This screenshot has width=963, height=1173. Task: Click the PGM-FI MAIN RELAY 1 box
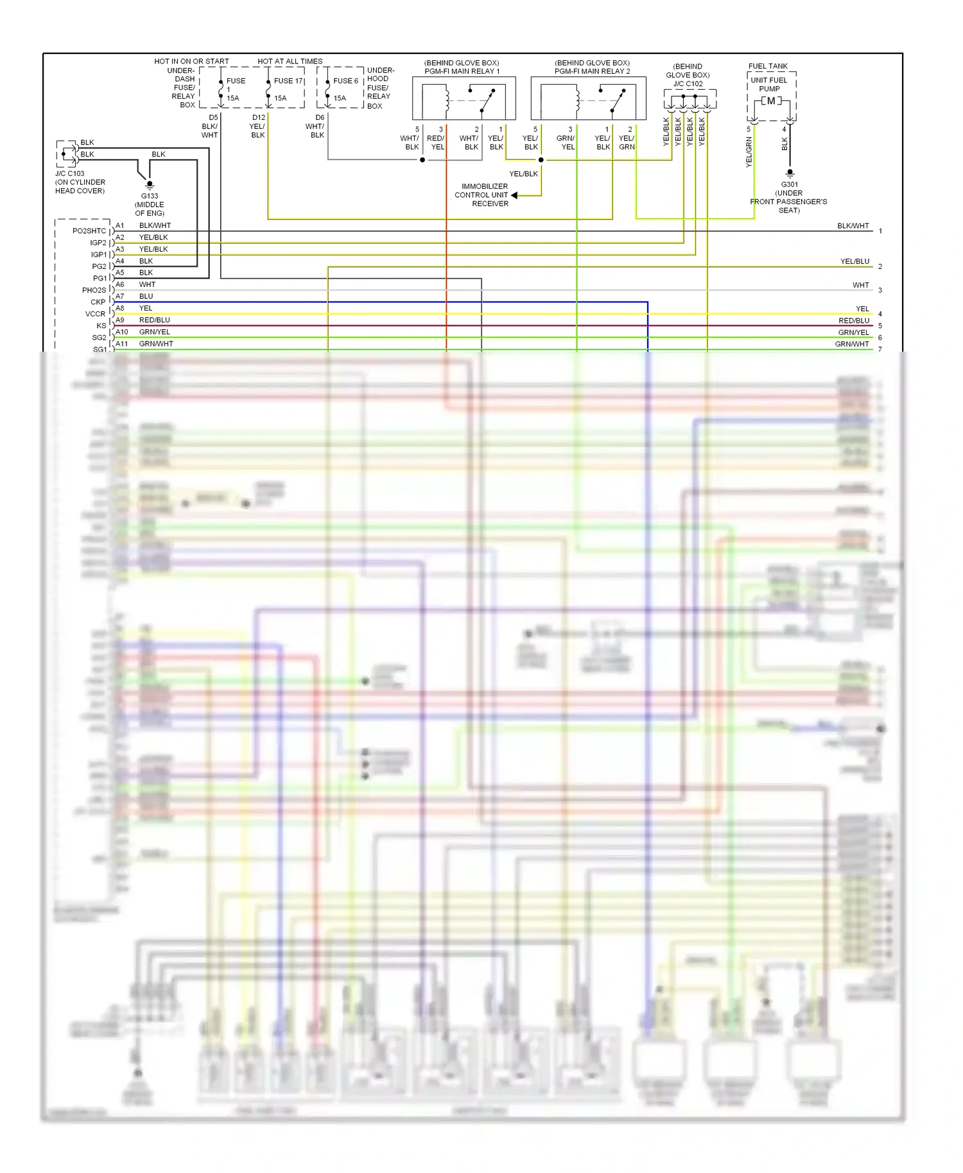pyautogui.click(x=464, y=98)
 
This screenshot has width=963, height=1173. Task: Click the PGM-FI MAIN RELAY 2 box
pyautogui.click(x=588, y=98)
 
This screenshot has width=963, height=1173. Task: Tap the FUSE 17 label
pyautogui.click(x=288, y=81)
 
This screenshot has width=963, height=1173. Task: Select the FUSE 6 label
pyautogui.click(x=345, y=81)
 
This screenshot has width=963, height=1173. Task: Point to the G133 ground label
pyautogui.click(x=150, y=196)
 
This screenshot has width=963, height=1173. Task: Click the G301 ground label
pyautogui.click(x=790, y=184)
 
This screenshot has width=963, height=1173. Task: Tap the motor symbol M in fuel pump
pyautogui.click(x=771, y=101)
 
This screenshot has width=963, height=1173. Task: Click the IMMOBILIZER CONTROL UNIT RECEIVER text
pyautogui.click(x=482, y=195)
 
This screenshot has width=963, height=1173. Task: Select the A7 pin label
pyautogui.click(x=120, y=296)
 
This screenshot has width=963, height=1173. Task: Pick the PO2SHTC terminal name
pyautogui.click(x=89, y=231)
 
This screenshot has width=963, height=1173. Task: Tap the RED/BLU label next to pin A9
pyautogui.click(x=154, y=320)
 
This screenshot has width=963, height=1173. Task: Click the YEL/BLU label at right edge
pyautogui.click(x=855, y=261)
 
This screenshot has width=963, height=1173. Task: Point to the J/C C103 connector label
pyautogui.click(x=69, y=174)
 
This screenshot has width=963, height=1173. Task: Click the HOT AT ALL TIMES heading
pyautogui.click(x=290, y=62)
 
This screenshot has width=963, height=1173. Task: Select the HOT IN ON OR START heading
pyautogui.click(x=191, y=62)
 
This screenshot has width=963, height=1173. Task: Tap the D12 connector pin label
pyautogui.click(x=259, y=117)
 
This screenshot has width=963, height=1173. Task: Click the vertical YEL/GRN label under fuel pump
pyautogui.click(x=749, y=153)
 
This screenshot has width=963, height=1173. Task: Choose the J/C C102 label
pyautogui.click(x=688, y=84)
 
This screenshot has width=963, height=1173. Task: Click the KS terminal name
pyautogui.click(x=101, y=326)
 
